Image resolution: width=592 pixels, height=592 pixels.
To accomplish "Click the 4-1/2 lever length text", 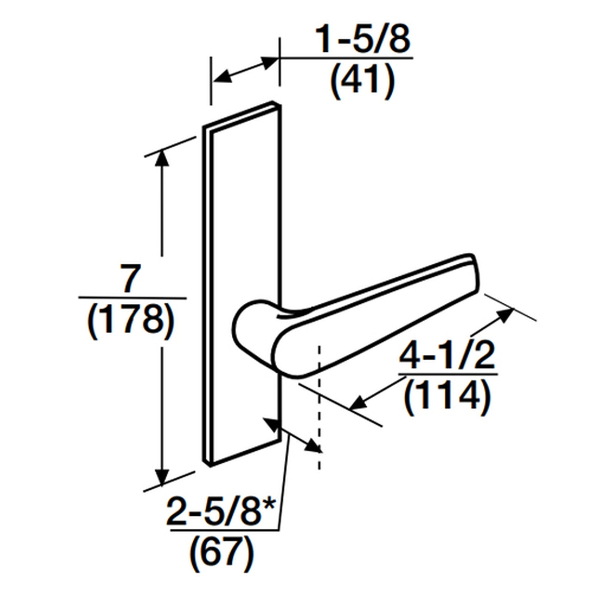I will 447,355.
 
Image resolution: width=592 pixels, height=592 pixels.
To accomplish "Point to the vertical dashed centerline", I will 319,407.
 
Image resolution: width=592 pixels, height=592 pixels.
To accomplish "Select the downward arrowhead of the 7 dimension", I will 161,478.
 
